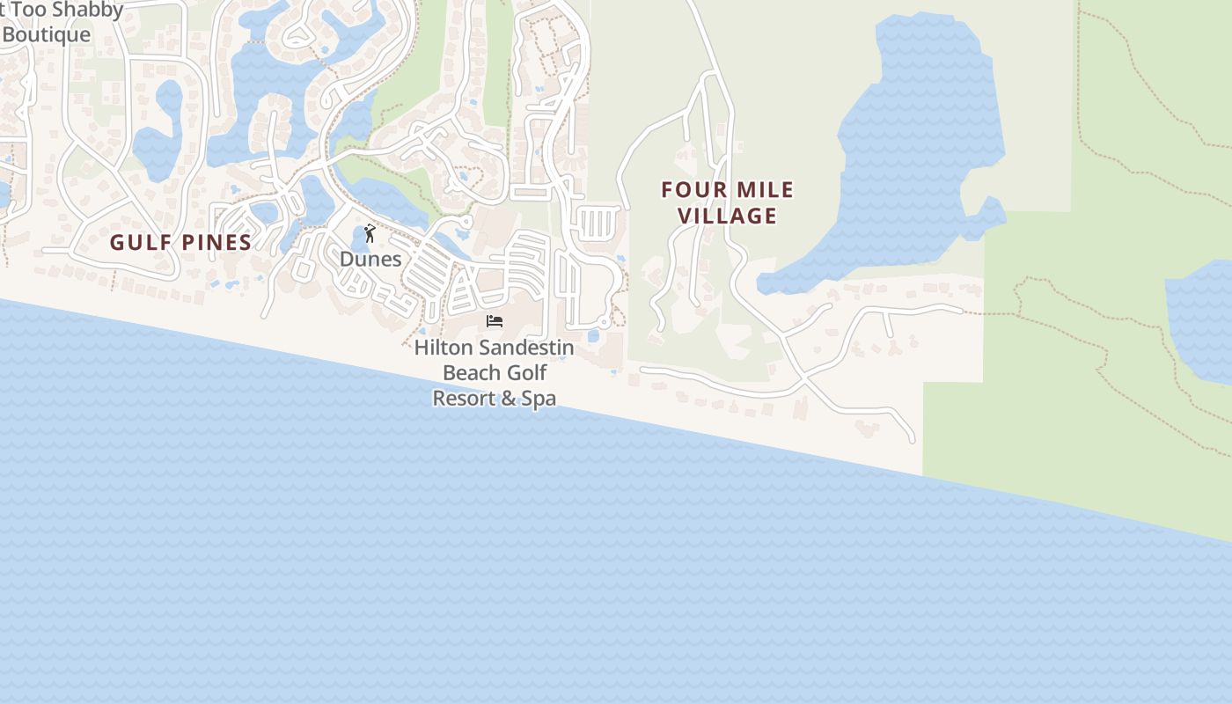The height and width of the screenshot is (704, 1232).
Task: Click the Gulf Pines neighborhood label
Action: [180, 242]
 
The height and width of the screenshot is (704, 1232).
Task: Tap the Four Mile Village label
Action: [728, 202]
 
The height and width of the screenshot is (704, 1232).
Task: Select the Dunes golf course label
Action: [370, 259]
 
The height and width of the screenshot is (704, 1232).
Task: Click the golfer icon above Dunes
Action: [370, 233]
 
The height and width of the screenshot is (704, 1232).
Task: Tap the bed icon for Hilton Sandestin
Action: [495, 321]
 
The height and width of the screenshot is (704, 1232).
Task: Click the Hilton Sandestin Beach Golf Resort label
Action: [494, 372]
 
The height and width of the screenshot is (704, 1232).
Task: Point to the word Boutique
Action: [46, 34]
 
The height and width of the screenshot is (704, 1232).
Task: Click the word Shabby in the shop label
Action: [87, 11]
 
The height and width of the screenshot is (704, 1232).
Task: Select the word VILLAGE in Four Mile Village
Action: [728, 216]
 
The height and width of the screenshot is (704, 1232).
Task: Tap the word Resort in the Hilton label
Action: [464, 398]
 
